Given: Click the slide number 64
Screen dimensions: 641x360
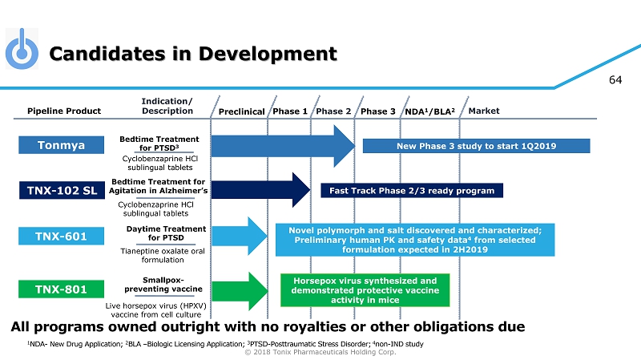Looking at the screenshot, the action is (x=615, y=79).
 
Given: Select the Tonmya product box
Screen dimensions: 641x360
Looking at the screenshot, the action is (x=62, y=145).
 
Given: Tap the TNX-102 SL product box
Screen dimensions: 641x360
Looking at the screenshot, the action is (x=62, y=191).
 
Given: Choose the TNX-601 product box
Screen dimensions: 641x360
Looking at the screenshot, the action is (x=62, y=236).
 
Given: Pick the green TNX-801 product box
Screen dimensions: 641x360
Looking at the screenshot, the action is (x=62, y=289).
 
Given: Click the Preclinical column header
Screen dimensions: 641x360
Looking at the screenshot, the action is (x=242, y=111).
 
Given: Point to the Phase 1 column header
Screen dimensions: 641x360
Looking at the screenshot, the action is (x=290, y=111).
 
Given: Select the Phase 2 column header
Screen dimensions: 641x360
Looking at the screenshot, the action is (x=333, y=111).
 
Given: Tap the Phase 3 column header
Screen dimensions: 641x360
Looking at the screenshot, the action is (x=378, y=111).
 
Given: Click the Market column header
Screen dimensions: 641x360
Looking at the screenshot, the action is (x=484, y=111).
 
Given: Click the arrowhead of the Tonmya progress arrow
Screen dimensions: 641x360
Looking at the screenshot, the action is (x=345, y=146).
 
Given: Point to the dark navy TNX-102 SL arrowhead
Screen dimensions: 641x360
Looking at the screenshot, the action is (x=302, y=190).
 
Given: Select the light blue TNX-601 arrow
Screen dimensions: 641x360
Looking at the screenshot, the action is (x=240, y=236).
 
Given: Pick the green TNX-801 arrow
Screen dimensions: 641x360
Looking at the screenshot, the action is (x=240, y=291).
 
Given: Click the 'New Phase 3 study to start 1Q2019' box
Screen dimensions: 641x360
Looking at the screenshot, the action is (x=476, y=146).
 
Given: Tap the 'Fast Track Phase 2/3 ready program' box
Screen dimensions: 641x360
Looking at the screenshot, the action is (x=412, y=191).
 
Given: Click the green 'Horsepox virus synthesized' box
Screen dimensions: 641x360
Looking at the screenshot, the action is (x=365, y=290).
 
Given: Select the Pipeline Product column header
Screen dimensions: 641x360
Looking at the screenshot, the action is (x=64, y=111).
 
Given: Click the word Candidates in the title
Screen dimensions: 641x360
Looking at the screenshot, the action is (x=107, y=54).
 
